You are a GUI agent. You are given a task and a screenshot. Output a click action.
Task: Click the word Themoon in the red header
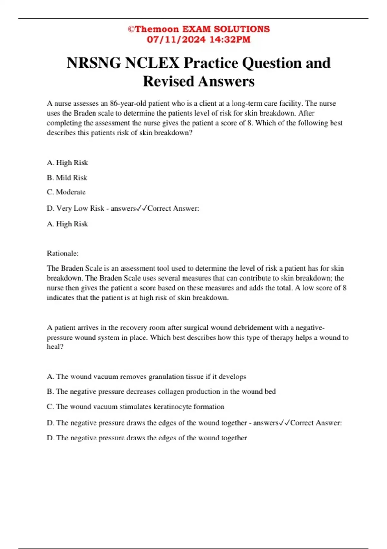tap(157, 29)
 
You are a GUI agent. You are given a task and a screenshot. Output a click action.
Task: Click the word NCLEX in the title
tap(152, 63)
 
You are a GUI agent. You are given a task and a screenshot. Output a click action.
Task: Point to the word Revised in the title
tap(168, 81)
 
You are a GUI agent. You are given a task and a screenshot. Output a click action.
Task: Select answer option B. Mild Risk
tap(67, 178)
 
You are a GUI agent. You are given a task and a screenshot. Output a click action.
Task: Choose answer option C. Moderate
tap(66, 192)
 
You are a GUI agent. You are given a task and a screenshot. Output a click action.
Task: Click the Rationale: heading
tap(63, 253)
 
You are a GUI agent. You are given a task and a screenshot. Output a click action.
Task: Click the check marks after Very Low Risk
tap(142, 208)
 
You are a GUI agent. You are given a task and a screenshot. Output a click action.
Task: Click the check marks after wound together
tap(285, 423)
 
